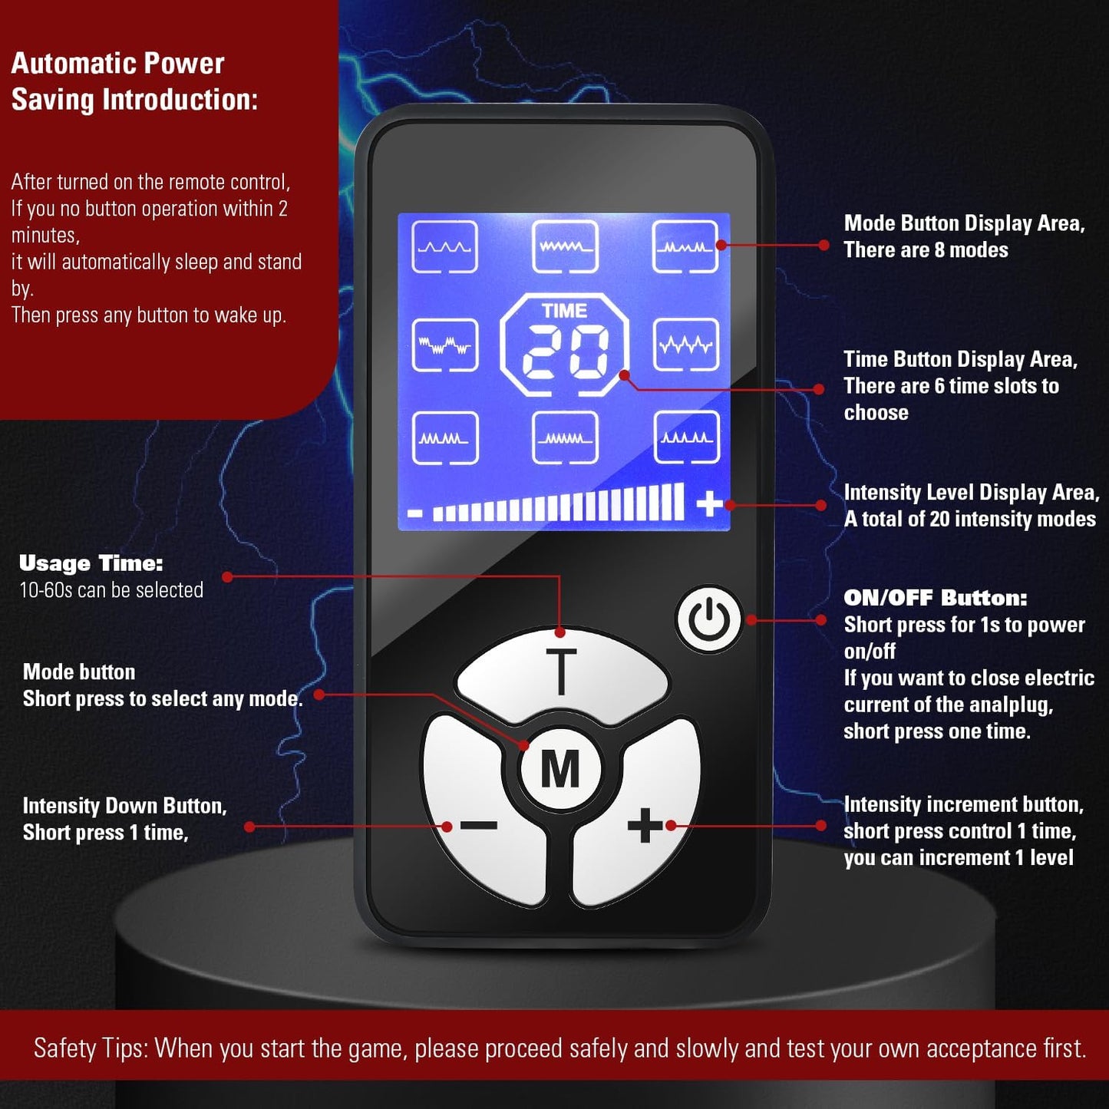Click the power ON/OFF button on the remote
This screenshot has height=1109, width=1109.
pyautogui.click(x=709, y=620)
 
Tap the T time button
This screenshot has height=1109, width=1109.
pyautogui.click(x=562, y=673)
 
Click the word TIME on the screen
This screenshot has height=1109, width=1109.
pyautogui.click(x=565, y=311)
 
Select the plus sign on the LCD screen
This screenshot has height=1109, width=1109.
pyautogui.click(x=709, y=504)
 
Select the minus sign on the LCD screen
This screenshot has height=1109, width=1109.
pyautogui.click(x=414, y=513)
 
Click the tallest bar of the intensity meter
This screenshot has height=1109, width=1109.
pyautogui.click(x=679, y=501)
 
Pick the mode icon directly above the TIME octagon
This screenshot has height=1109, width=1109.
pyautogui.click(x=565, y=246)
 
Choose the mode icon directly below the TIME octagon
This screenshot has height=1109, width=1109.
pyautogui.click(x=565, y=437)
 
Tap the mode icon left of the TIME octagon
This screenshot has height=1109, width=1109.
pyautogui.click(x=445, y=345)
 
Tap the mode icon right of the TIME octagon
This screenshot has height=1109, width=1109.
pyautogui.click(x=686, y=345)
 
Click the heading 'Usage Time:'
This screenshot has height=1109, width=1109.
pyautogui.click(x=91, y=563)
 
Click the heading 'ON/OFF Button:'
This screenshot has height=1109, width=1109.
pyautogui.click(x=936, y=598)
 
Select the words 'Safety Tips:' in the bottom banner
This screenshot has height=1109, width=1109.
pyautogui.click(x=91, y=1048)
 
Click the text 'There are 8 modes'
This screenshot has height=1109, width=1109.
pyautogui.click(x=926, y=249)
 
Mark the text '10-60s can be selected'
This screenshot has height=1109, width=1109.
pyautogui.click(x=111, y=590)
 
